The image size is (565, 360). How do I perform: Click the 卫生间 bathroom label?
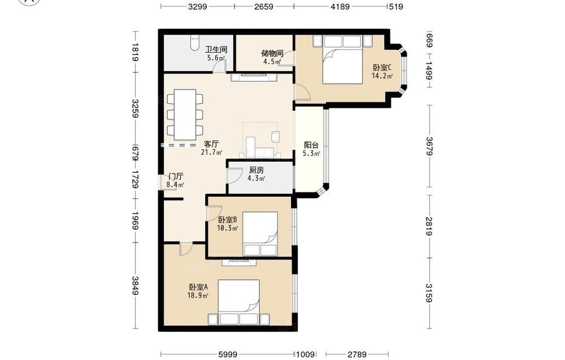point(216,49)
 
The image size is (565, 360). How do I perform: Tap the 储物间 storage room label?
point(272,53)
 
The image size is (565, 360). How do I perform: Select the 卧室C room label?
point(382,67)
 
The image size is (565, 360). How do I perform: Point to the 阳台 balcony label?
point(311,145)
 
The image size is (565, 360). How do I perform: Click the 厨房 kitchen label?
point(257,170)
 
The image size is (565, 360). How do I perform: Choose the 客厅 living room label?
point(211,144)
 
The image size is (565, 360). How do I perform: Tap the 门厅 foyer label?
point(176,176)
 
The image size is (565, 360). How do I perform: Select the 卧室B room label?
point(227,219)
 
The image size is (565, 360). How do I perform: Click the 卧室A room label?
point(198,287)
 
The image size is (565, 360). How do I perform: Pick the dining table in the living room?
point(185,115)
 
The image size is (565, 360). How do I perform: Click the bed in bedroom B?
point(260,234)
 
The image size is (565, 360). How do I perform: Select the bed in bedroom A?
point(239,302)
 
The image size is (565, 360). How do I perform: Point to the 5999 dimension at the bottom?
point(228,354)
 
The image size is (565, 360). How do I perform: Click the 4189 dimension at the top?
point(340,6)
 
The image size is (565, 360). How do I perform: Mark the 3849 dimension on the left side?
point(135,285)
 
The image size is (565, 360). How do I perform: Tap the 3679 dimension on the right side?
point(429,146)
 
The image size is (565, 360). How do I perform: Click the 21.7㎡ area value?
point(211,152)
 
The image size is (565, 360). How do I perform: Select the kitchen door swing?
point(235,176)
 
